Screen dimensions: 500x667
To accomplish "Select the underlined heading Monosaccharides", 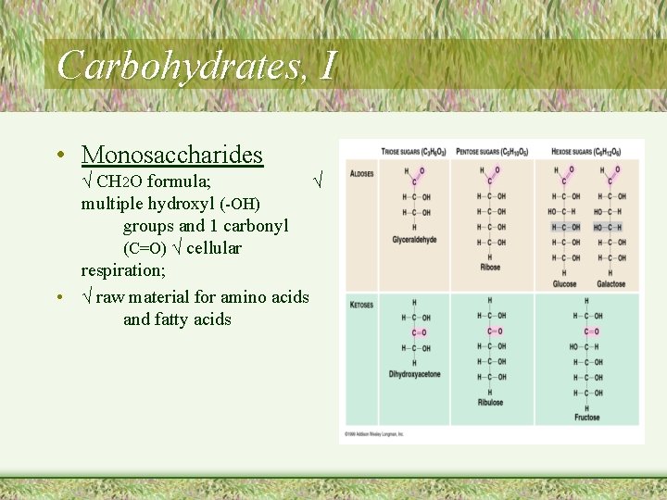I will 171,155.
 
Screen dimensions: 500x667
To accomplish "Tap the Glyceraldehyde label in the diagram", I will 414,239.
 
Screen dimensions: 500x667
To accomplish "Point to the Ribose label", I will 490,268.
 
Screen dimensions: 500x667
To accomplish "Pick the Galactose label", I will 610,284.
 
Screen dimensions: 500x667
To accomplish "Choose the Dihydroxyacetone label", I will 414,374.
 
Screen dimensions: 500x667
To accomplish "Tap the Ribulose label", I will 490,403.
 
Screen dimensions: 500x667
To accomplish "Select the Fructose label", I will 586,418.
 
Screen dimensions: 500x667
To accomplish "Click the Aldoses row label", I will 361,174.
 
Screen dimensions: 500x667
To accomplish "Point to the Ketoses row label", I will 361,305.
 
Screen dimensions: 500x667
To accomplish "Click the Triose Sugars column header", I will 414,151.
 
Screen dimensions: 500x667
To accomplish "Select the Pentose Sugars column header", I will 492,151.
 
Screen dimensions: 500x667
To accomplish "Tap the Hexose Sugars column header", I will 587,151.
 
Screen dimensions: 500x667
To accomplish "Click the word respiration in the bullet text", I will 122,270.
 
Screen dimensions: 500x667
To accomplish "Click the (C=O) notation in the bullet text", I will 145,248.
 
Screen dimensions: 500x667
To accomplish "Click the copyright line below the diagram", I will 374,432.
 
